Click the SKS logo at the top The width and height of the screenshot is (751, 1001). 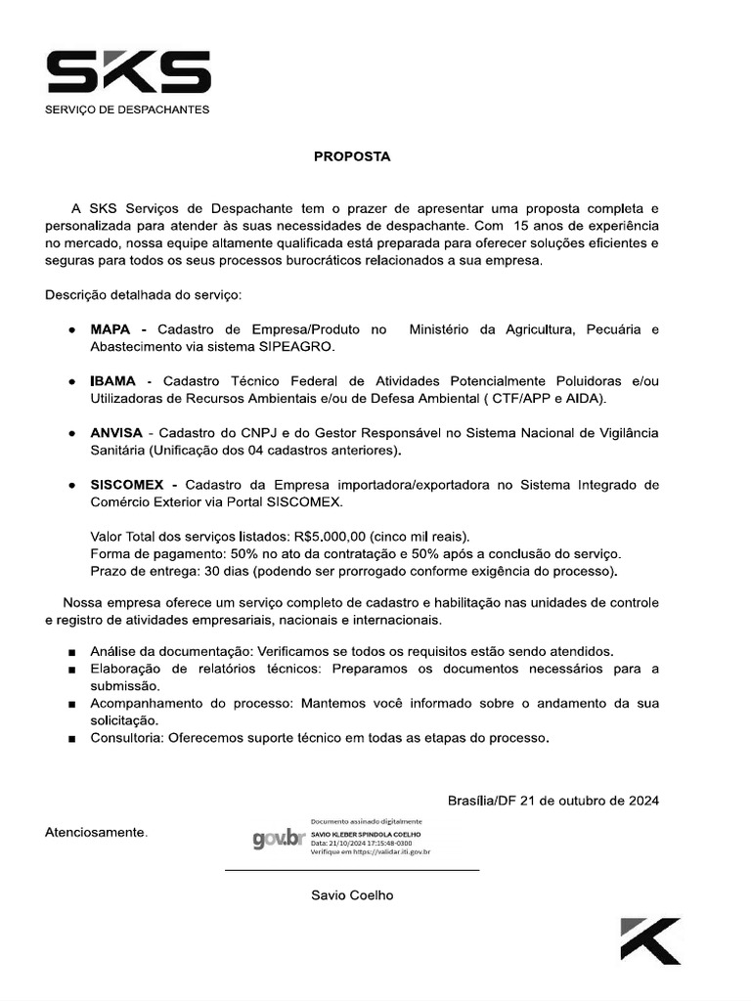[128, 73]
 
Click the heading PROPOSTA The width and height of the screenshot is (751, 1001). [352, 156]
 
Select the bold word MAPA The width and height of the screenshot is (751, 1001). [111, 329]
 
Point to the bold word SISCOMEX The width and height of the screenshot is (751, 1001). [131, 485]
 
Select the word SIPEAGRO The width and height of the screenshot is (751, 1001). [299, 347]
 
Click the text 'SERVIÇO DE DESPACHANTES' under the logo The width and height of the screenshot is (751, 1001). [127, 109]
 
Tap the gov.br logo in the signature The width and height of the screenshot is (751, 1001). [278, 839]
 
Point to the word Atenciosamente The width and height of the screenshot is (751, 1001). [97, 833]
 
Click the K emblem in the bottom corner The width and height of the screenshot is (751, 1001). [650, 940]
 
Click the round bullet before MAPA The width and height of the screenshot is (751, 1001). [73, 330]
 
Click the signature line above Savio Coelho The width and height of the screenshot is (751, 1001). [352, 869]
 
